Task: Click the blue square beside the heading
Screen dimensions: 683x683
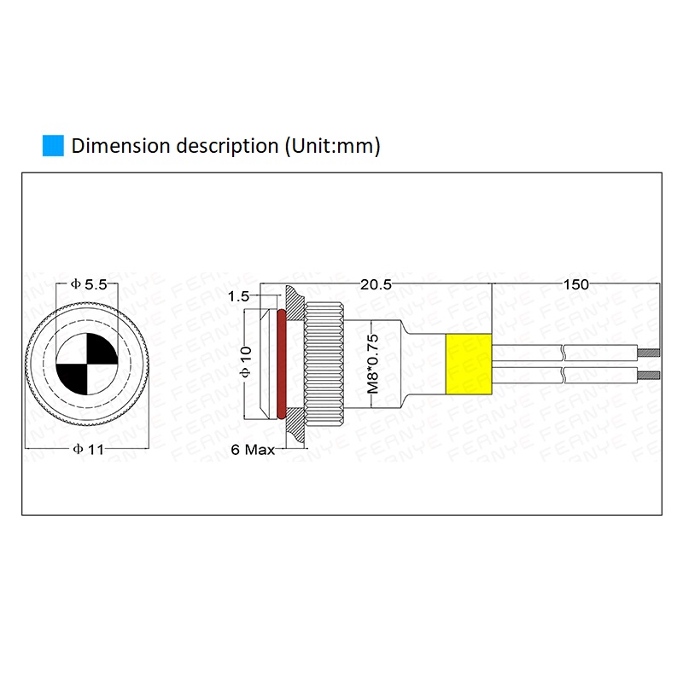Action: tap(53, 145)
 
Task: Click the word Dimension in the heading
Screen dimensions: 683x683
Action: tap(121, 145)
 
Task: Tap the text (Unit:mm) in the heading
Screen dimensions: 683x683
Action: tap(331, 145)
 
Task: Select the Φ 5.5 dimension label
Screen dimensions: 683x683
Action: tap(89, 285)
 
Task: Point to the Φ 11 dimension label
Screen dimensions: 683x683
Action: tap(89, 450)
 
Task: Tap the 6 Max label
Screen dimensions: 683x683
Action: tap(254, 450)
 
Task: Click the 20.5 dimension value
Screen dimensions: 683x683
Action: tap(376, 285)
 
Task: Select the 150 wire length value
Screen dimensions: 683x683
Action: tap(576, 285)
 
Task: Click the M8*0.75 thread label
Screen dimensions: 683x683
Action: tap(372, 362)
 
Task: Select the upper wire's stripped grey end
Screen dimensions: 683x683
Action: tap(651, 353)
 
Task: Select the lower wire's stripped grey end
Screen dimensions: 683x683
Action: tap(651, 376)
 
